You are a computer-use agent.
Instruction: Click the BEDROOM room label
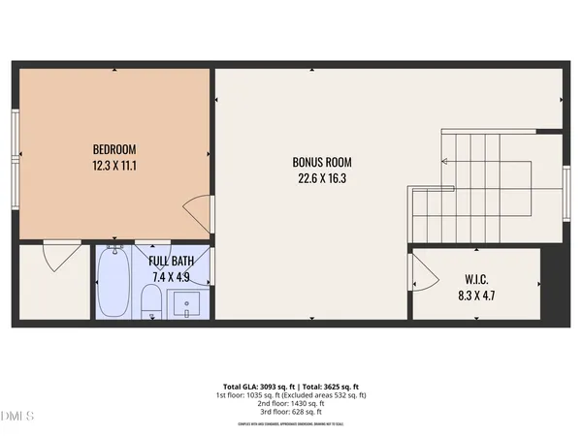tap(114, 149)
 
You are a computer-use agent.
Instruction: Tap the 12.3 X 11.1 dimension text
tap(114, 166)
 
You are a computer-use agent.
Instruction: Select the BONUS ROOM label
tap(322, 162)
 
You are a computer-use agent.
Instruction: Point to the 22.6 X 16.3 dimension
tap(322, 178)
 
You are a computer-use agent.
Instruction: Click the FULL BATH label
tap(170, 261)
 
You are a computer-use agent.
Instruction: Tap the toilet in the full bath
tap(151, 302)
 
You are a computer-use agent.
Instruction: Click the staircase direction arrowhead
tap(444, 162)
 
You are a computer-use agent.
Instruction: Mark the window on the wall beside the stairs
tap(566, 189)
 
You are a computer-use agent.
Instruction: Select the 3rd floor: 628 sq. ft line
tap(291, 413)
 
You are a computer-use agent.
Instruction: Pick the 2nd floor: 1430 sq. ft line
tap(291, 404)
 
